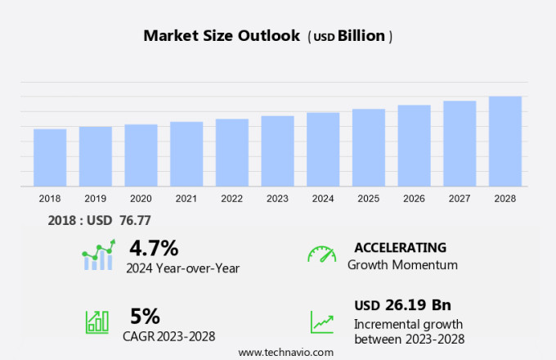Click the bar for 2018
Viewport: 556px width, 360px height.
pos(50,158)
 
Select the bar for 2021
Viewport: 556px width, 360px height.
pos(186,154)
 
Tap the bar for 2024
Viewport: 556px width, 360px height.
pos(323,150)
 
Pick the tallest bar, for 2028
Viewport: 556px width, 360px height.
pos(505,142)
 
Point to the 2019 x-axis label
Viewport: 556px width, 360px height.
pos(96,199)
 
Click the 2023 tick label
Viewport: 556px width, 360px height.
pos(277,199)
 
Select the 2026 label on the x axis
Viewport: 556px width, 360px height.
pos(414,199)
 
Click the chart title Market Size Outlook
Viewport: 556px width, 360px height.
pos(222,35)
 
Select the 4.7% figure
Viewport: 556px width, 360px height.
pos(154,247)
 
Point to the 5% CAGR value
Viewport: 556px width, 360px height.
pos(145,316)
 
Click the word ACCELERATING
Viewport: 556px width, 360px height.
pos(400,247)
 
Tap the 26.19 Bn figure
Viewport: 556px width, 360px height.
pos(419,305)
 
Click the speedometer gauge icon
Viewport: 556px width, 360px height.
pos(321,254)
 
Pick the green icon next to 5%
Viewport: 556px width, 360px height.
pos(97,321)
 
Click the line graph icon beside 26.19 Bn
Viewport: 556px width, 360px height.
pos(321,322)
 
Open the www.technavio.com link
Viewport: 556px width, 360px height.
pos(286,352)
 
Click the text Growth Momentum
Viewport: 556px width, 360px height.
pos(402,264)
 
